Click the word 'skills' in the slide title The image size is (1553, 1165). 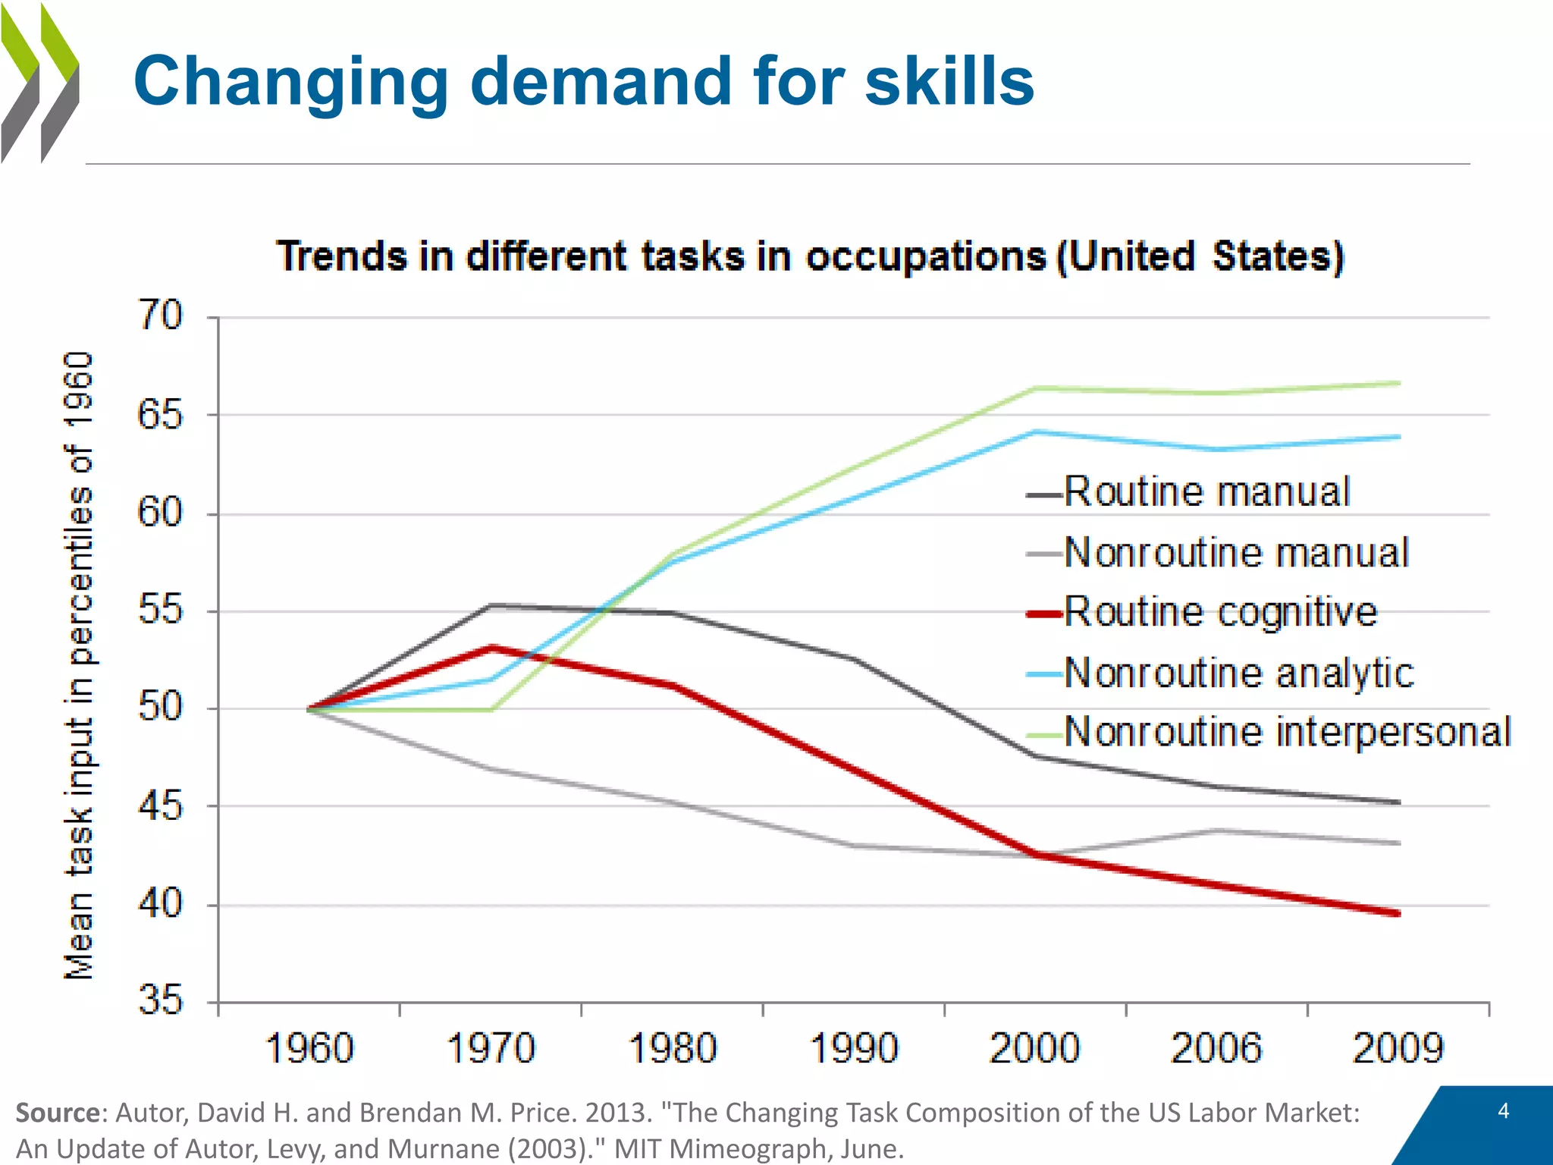coord(949,81)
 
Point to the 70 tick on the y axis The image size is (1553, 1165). coord(160,316)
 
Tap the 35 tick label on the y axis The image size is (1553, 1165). coord(160,1000)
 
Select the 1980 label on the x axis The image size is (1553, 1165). coord(673,1049)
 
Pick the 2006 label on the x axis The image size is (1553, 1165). coord(1216,1049)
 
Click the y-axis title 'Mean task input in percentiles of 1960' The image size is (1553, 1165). coord(78,665)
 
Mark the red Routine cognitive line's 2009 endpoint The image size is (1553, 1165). coord(1398,913)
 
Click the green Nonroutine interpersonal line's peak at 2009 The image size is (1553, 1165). coord(1398,384)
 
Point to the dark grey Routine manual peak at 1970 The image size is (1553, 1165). coord(491,605)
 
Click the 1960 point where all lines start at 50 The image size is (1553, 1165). coord(309,709)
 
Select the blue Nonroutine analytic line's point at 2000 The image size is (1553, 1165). coord(1035,432)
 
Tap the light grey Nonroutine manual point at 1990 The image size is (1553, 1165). coord(854,845)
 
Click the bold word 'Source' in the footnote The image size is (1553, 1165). coord(58,1113)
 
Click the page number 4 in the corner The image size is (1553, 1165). coord(1504,1111)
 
